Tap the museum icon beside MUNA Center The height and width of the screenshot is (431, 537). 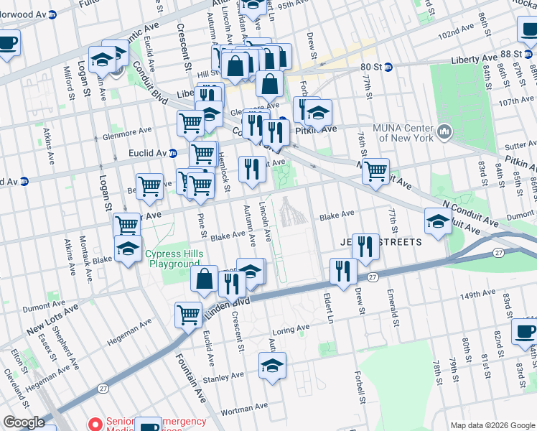444,131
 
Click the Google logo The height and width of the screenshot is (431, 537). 24,422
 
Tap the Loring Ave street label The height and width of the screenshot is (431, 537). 290,330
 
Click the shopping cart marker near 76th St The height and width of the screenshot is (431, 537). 375,171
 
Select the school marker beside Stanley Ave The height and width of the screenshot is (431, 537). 272,365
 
